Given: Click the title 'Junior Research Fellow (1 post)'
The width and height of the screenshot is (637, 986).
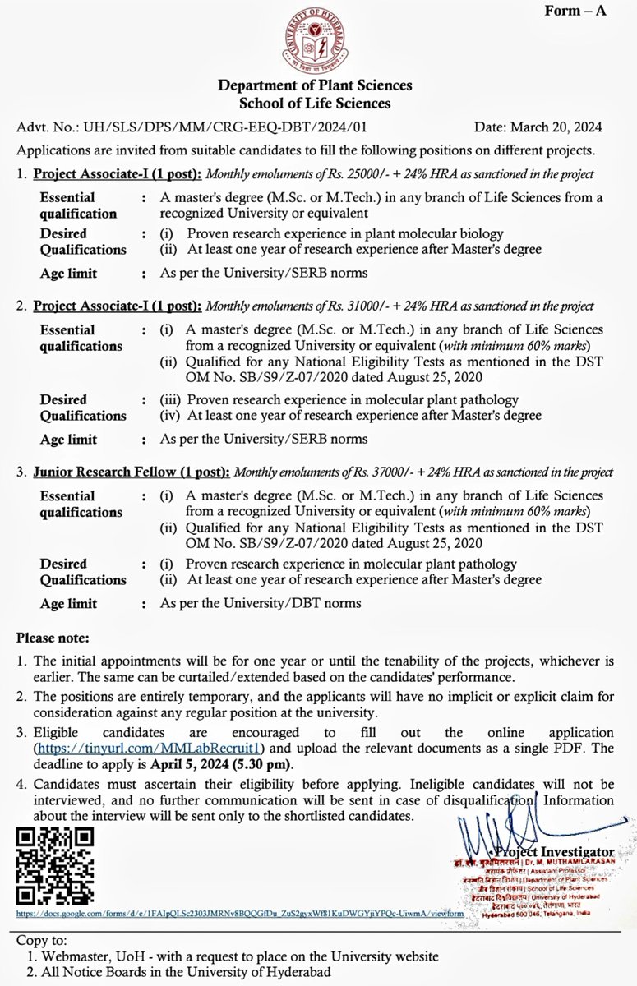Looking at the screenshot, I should [x=132, y=473].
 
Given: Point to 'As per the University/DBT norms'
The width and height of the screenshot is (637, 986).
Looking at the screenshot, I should [x=261, y=604].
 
